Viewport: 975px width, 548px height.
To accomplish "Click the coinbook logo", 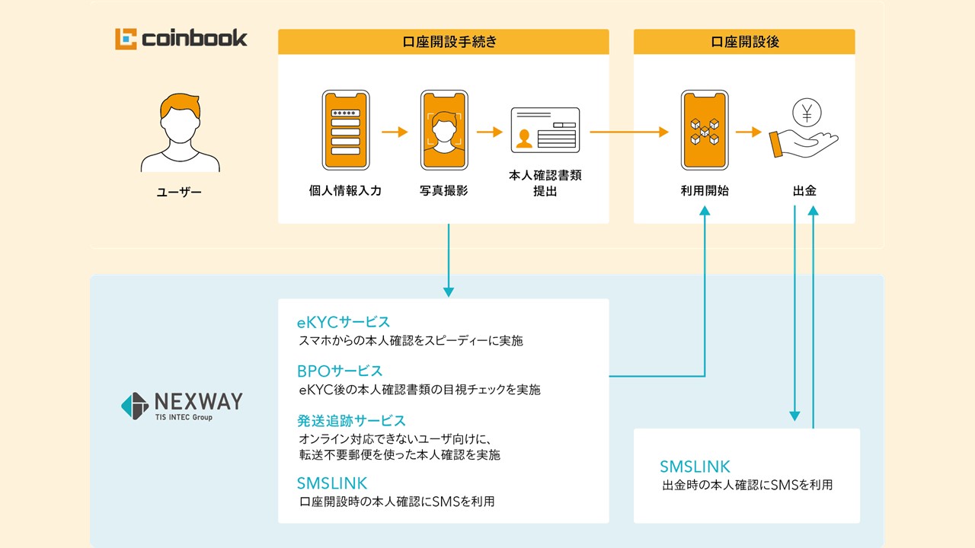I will click(181, 38).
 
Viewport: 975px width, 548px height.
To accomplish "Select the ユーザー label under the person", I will click(180, 192).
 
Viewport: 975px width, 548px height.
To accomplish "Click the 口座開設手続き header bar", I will click(443, 42).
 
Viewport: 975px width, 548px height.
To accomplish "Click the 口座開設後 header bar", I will click(743, 42).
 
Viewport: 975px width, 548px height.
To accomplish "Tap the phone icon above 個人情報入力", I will click(345, 131).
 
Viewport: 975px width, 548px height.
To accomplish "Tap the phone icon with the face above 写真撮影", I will click(444, 131).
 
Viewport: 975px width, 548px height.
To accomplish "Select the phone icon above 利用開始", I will click(705, 131).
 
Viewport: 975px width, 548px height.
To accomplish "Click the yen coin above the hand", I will click(806, 113).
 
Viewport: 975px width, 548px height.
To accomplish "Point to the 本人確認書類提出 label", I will click(545, 183).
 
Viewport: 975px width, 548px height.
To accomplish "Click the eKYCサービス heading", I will click(344, 322).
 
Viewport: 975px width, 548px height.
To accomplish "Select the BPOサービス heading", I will click(340, 371).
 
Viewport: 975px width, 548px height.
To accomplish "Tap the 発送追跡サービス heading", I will click(351, 420).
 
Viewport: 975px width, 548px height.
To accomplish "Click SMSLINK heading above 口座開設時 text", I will click(332, 483).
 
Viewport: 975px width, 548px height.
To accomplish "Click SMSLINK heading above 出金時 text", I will click(695, 467).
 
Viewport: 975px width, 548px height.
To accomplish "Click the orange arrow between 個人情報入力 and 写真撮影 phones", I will click(395, 132).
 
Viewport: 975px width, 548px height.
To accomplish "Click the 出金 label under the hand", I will click(805, 191).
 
